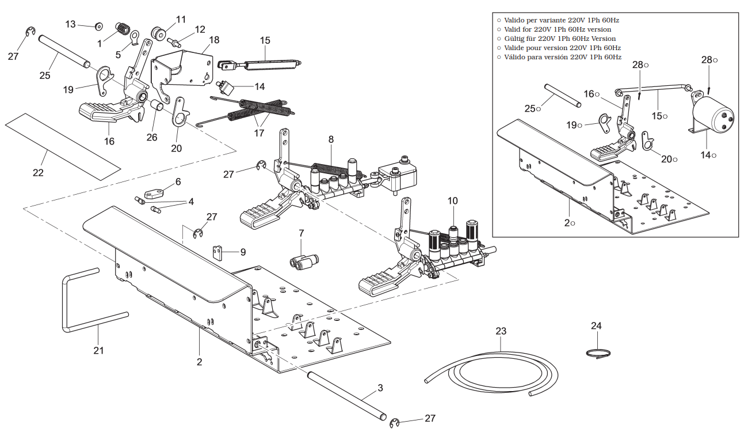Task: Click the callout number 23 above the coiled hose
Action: coord(501,331)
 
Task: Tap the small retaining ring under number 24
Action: coord(598,354)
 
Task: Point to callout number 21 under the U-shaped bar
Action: coord(98,350)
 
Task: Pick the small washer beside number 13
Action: coord(98,26)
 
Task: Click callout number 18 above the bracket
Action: coord(214,40)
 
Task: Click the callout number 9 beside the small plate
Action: coord(243,252)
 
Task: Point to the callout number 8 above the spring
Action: coord(331,139)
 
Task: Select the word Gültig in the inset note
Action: coord(515,39)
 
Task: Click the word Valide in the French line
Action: coord(516,48)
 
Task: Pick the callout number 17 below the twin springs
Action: coord(259,132)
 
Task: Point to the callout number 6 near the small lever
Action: coord(178,181)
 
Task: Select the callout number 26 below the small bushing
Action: coord(151,137)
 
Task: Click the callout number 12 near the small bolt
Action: coord(200,29)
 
